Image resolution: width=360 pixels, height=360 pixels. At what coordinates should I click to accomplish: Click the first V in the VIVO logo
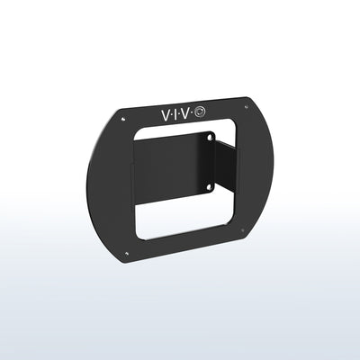165,114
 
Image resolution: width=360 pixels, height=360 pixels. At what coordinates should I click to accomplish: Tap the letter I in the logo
178,113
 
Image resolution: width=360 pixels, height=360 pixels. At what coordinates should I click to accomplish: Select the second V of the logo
192,112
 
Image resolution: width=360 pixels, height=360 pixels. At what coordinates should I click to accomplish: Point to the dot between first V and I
172,114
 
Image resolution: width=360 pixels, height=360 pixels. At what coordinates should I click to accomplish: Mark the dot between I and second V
184,113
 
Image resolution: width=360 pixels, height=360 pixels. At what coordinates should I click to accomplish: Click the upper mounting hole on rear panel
209,139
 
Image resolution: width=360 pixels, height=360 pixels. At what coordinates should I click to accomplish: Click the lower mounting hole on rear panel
209,186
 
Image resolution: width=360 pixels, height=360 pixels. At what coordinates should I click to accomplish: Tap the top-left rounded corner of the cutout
137,131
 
